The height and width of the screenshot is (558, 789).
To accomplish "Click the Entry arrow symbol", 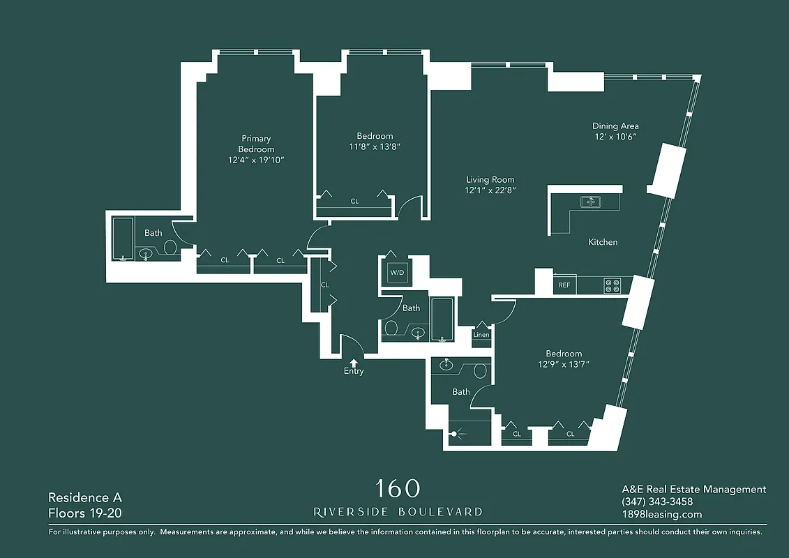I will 354,362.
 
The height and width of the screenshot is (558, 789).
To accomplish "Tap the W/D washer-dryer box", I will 397,272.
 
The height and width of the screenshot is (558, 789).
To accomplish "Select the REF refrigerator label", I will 564,285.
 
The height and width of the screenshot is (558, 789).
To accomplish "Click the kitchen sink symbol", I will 591,202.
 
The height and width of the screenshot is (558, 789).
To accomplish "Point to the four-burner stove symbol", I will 612,285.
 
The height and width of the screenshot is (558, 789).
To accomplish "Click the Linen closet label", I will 481,335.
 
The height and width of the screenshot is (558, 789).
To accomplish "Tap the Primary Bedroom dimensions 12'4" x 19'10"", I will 256,160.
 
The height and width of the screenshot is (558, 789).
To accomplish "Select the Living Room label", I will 490,180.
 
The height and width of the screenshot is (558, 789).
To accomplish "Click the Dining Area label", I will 615,126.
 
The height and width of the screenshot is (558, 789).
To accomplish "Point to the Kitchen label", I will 603,242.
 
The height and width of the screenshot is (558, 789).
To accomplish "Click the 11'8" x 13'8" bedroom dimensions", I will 375,147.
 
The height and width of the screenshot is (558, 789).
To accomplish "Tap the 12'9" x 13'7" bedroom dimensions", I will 564,364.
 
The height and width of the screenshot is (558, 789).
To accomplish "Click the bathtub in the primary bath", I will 123,239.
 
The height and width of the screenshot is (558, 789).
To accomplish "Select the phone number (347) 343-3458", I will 656,502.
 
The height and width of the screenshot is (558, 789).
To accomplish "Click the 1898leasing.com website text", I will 661,515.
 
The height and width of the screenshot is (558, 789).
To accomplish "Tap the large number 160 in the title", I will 398,488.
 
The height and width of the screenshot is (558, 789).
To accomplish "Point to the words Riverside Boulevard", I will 398,512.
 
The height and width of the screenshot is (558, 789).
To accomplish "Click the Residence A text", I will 85,497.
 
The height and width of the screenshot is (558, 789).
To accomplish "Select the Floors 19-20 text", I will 85,514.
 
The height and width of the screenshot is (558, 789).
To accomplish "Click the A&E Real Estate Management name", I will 693,490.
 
